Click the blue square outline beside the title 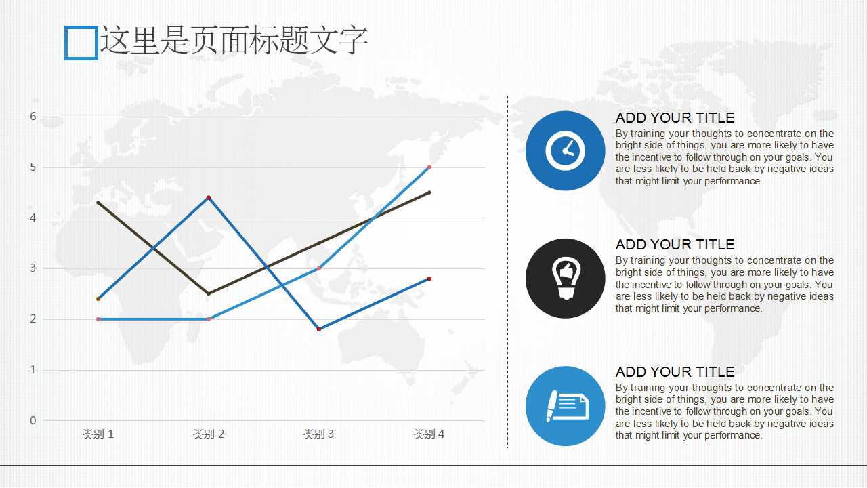click(x=66, y=43)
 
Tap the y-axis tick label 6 click(x=33, y=116)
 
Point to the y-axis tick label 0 click(x=33, y=420)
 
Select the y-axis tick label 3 click(x=33, y=268)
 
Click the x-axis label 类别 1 click(x=98, y=434)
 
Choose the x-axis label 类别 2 click(x=208, y=434)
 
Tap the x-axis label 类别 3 click(x=318, y=434)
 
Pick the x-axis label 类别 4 click(x=429, y=434)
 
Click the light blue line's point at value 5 click(x=429, y=167)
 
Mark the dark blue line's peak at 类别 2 click(x=209, y=197)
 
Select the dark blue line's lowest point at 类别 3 click(x=319, y=329)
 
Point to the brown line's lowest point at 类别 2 click(x=209, y=293)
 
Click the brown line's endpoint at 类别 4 click(x=429, y=192)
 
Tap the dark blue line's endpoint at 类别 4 click(x=429, y=279)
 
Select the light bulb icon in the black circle click(x=566, y=278)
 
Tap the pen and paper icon click(x=568, y=406)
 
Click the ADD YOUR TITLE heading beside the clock click(x=675, y=117)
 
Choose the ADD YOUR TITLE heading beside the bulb click(x=675, y=245)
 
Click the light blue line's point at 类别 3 click(x=319, y=268)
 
